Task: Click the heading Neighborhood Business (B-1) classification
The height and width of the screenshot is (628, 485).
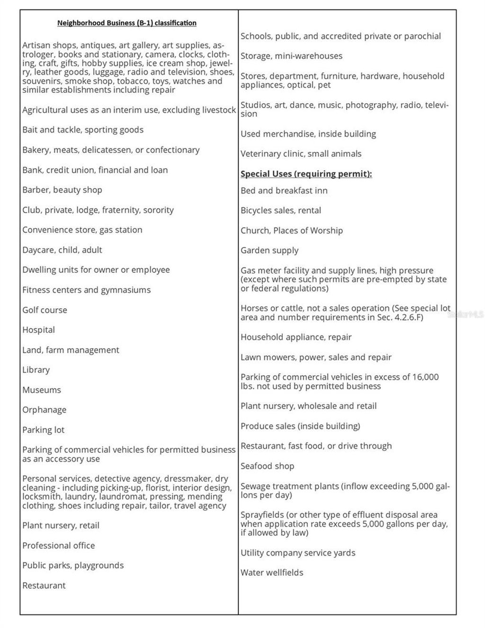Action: pos(126,23)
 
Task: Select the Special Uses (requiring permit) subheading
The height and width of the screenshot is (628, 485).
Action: pos(306,174)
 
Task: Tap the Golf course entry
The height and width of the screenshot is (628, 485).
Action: pos(45,310)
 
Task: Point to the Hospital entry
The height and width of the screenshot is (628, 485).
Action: pos(38,330)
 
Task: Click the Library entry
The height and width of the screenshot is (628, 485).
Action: pos(36,370)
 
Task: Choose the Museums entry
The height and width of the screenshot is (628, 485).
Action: pos(42,390)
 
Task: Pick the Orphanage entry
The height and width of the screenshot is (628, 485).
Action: pos(44,410)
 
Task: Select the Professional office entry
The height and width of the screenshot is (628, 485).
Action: pos(58,546)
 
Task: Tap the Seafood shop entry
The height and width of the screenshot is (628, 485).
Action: pos(267,466)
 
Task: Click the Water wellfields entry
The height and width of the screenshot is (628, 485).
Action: pos(272,573)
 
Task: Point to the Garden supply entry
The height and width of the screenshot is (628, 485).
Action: pos(269,251)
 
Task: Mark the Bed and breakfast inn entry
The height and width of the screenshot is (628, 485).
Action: pos(284,191)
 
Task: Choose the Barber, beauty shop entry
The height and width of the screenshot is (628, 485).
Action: pos(62,190)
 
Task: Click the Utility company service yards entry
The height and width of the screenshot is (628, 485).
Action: pos(297,553)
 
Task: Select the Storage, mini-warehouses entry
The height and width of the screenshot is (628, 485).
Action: pos(291,56)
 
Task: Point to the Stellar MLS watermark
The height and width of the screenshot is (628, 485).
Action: pos(466,314)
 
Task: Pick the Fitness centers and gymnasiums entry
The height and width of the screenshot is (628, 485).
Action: pos(86,290)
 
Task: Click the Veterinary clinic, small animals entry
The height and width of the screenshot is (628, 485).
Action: pos(301,154)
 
